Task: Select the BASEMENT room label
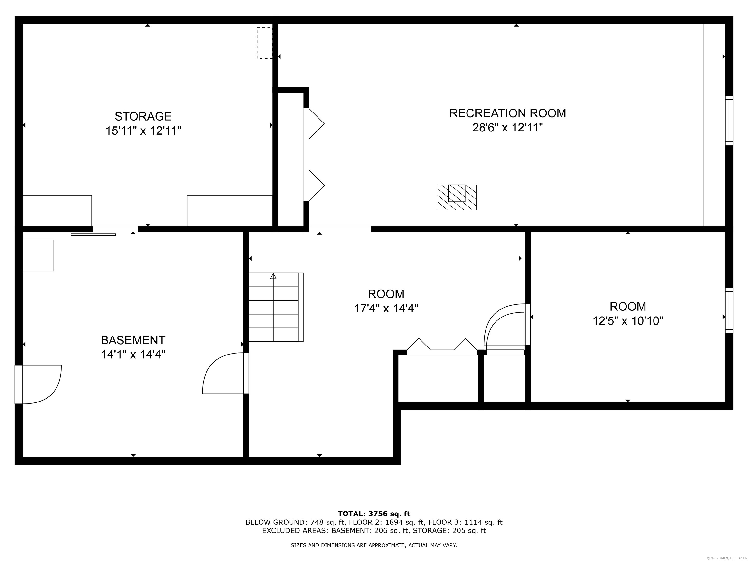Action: coord(133,340)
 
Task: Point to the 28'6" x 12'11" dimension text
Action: coord(508,128)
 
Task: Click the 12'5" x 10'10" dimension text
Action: coord(628,321)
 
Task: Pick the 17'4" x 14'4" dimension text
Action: coord(386,309)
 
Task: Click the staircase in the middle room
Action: coord(276,307)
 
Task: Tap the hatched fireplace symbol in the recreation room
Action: coord(457,197)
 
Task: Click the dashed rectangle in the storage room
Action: coord(264,43)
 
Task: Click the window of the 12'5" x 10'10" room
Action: coord(729,310)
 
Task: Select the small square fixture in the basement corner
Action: coord(38,255)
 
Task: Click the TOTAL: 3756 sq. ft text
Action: coord(374,514)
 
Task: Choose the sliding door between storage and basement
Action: coord(93,234)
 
